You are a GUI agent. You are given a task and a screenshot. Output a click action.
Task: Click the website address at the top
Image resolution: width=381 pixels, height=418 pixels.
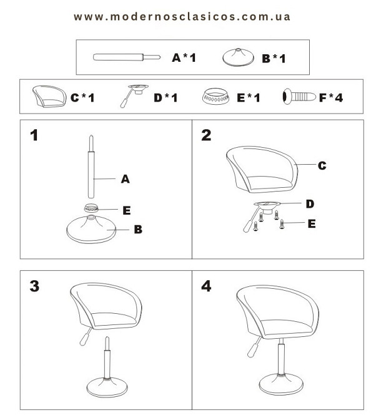tap(182, 17)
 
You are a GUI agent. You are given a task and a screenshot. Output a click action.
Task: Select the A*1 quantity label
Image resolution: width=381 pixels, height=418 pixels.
tap(184, 57)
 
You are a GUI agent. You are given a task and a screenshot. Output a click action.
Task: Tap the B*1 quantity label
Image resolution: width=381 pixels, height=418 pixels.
tap(274, 59)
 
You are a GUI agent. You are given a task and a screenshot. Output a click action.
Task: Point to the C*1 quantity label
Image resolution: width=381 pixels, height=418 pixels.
tap(82, 97)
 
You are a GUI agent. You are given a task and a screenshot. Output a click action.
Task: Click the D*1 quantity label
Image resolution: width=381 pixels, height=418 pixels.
tap(166, 97)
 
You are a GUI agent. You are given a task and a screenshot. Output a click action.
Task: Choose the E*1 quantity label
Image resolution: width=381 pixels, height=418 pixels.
tap(248, 97)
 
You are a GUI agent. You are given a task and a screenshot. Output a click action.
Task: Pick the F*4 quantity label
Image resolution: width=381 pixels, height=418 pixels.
tap(331, 97)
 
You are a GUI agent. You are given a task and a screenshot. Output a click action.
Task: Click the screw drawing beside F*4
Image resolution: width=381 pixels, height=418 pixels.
tap(299, 97)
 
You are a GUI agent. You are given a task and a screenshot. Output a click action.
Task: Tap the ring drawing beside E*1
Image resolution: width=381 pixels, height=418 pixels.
tap(215, 97)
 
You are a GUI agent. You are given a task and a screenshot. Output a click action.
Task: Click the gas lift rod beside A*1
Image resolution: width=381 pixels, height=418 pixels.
tap(127, 57)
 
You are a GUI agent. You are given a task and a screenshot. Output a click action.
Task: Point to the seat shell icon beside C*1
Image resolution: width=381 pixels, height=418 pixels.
tap(49, 96)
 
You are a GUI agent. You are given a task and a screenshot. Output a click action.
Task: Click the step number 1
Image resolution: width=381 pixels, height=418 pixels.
tap(34, 135)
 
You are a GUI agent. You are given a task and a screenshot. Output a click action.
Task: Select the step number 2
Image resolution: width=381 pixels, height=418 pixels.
tap(206, 135)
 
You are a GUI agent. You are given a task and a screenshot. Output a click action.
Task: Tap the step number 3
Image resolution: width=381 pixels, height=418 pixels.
tap(34, 286)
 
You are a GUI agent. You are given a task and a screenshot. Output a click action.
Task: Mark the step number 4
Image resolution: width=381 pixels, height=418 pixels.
tap(206, 286)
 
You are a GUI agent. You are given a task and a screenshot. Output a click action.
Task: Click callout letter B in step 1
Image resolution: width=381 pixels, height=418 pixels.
tap(138, 229)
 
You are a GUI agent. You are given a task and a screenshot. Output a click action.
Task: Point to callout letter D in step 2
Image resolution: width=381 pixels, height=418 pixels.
tap(310, 204)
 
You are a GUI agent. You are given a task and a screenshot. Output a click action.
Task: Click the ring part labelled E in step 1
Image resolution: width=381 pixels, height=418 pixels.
tap(91, 208)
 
